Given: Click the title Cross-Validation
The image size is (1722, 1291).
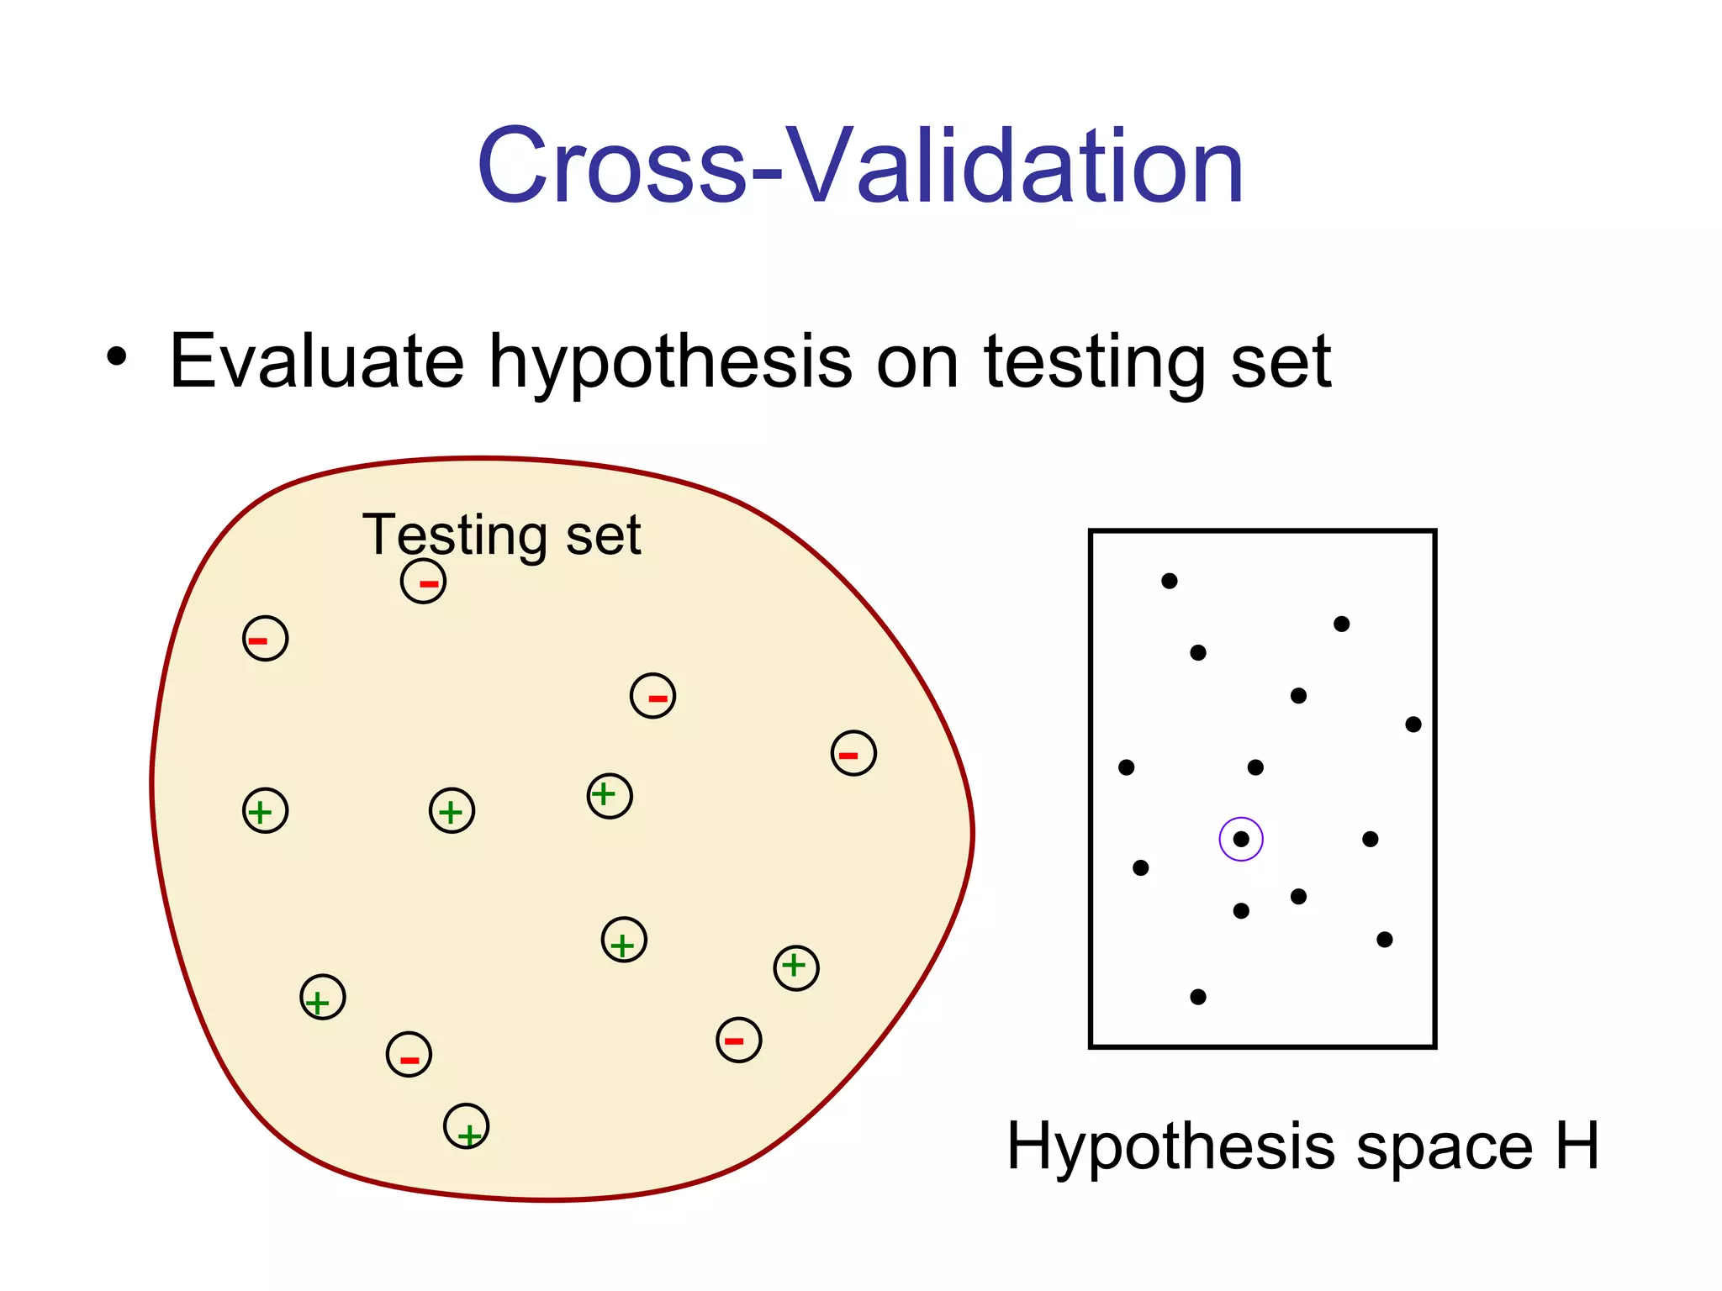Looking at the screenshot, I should (859, 166).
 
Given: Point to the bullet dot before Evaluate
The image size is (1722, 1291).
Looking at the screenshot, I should (117, 356).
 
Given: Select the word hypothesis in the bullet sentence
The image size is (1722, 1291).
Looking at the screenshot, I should (670, 363).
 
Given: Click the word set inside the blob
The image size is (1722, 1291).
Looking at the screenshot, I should (603, 535).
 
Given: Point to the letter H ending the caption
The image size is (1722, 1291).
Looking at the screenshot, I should (1577, 1145).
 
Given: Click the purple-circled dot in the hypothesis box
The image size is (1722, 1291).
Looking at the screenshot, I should (1241, 839).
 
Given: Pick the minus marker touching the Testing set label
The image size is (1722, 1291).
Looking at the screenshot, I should (423, 582).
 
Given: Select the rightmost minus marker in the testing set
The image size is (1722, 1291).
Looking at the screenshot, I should (853, 753).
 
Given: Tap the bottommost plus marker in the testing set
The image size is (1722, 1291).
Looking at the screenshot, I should (467, 1126).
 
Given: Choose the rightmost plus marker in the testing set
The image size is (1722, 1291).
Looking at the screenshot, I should (796, 968).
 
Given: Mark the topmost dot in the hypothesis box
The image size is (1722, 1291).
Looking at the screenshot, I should (1170, 581).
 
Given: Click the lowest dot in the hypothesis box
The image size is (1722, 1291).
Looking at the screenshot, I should (1198, 997).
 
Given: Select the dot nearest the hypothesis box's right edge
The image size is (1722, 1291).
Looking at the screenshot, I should (1413, 725).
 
